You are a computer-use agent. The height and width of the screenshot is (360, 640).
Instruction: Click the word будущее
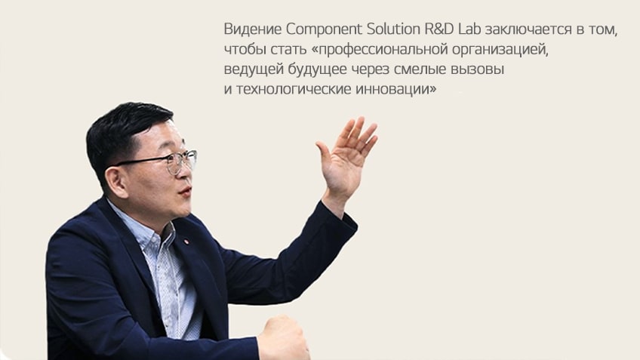click(318, 69)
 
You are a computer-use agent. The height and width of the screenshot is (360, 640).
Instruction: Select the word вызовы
click(477, 69)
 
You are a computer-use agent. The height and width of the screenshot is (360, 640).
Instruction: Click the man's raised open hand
click(346, 159)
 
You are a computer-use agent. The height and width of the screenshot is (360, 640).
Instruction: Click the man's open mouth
click(186, 192)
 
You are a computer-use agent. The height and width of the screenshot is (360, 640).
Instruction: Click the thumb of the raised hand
click(325, 154)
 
